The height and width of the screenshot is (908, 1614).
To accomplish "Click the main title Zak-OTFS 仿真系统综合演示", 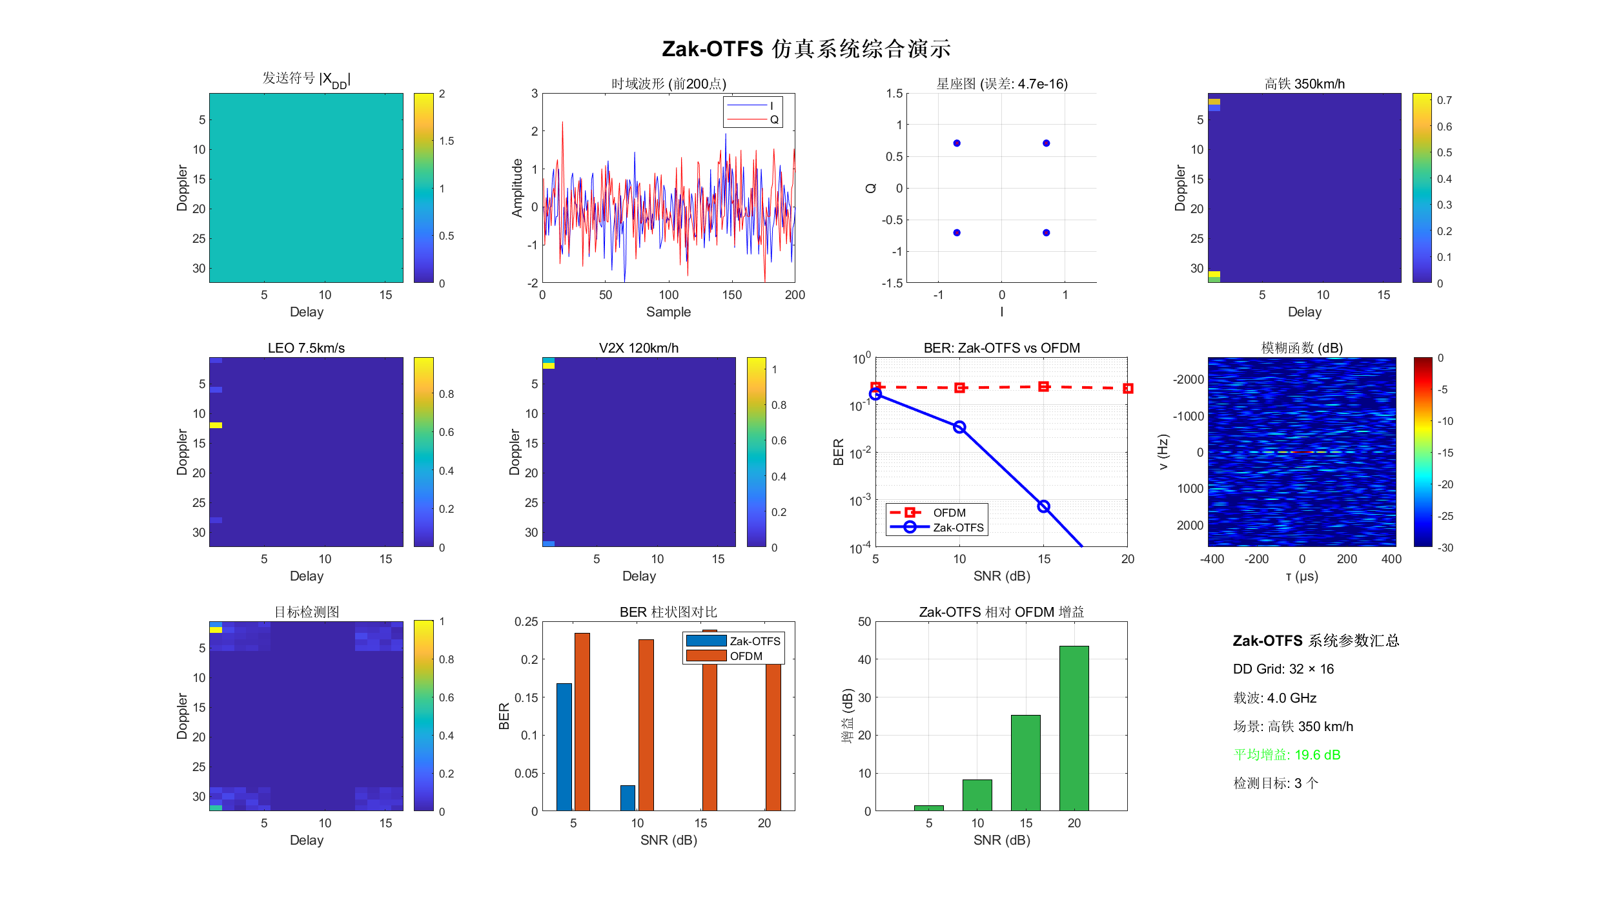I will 806,49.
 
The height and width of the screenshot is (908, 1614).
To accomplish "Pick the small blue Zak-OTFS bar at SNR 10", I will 628,798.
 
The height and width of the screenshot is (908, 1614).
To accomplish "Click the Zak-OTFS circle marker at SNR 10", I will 959,427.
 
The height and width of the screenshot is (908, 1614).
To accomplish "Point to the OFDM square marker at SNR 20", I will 1127,388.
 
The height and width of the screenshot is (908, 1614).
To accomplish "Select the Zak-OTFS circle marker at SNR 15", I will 1043,506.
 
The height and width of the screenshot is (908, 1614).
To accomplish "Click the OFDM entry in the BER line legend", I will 936,513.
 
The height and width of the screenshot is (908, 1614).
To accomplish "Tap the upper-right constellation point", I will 1046,143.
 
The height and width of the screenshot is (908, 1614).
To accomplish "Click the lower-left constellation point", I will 957,232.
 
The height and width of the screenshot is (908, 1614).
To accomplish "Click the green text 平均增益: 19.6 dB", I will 1287,755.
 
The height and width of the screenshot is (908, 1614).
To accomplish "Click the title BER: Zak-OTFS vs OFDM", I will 1001,348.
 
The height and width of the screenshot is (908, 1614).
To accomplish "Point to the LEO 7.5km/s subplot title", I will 306,348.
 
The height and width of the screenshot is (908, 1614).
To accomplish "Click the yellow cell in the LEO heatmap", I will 216,425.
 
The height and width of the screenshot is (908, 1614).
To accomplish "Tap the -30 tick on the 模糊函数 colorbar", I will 1445,548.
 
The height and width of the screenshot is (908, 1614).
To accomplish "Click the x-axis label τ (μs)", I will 1302,576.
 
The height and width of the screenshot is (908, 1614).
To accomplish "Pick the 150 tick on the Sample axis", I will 731,295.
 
